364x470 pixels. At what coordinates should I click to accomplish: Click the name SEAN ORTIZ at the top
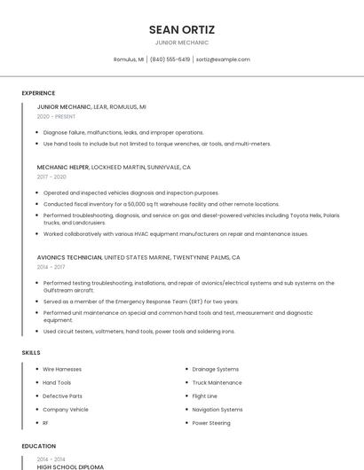point(182,29)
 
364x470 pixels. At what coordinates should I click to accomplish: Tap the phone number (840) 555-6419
point(170,59)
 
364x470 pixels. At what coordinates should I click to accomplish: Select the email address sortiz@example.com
point(223,59)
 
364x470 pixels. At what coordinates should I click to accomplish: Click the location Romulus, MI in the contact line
point(129,59)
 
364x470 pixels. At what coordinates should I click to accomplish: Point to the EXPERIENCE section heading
point(38,93)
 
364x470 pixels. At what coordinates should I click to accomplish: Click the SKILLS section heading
point(30,353)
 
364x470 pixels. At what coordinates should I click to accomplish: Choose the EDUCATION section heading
point(38,446)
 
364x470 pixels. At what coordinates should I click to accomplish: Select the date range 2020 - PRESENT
point(56,116)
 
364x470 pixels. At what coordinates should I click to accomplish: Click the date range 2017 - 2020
point(51,176)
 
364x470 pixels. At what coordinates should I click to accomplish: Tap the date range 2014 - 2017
point(51,267)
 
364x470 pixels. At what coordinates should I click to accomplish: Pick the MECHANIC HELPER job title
point(64,167)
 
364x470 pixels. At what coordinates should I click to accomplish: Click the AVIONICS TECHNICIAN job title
point(69,257)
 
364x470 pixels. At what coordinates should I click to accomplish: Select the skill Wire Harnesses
point(62,369)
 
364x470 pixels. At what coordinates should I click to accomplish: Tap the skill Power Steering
point(211,423)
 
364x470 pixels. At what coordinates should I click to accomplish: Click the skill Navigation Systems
point(218,410)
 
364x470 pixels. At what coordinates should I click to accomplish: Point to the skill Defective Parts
point(62,396)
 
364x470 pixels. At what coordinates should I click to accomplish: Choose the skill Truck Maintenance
point(217,382)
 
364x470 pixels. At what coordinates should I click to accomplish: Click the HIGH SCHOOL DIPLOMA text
point(70,466)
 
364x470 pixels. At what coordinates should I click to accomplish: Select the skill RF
point(46,423)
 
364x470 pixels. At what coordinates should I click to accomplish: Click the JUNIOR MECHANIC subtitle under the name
point(182,43)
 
